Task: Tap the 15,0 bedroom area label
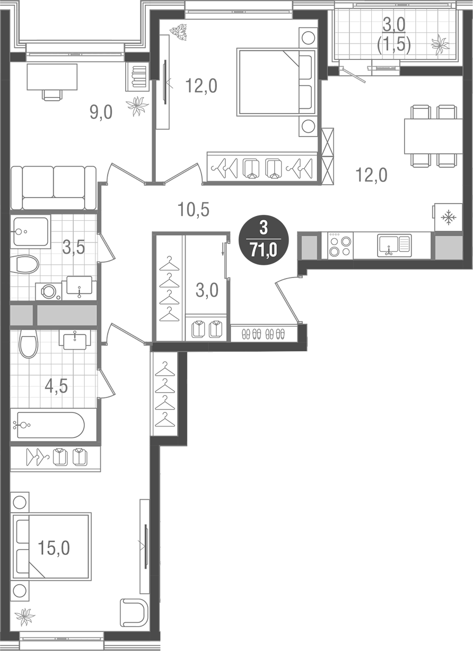pos(54,548)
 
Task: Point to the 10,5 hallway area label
pos(194,210)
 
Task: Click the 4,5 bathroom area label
pos(56,386)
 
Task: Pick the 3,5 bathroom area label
pos(74,247)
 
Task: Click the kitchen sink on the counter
pos(393,246)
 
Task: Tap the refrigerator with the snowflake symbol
pos(448,217)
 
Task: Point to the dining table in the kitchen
pos(433,136)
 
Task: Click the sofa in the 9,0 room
pos(53,187)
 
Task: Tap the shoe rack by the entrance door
pos(263,334)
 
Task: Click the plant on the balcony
pos(440,45)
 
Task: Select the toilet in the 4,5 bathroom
pos(28,342)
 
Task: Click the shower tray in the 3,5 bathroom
pos(31,231)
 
